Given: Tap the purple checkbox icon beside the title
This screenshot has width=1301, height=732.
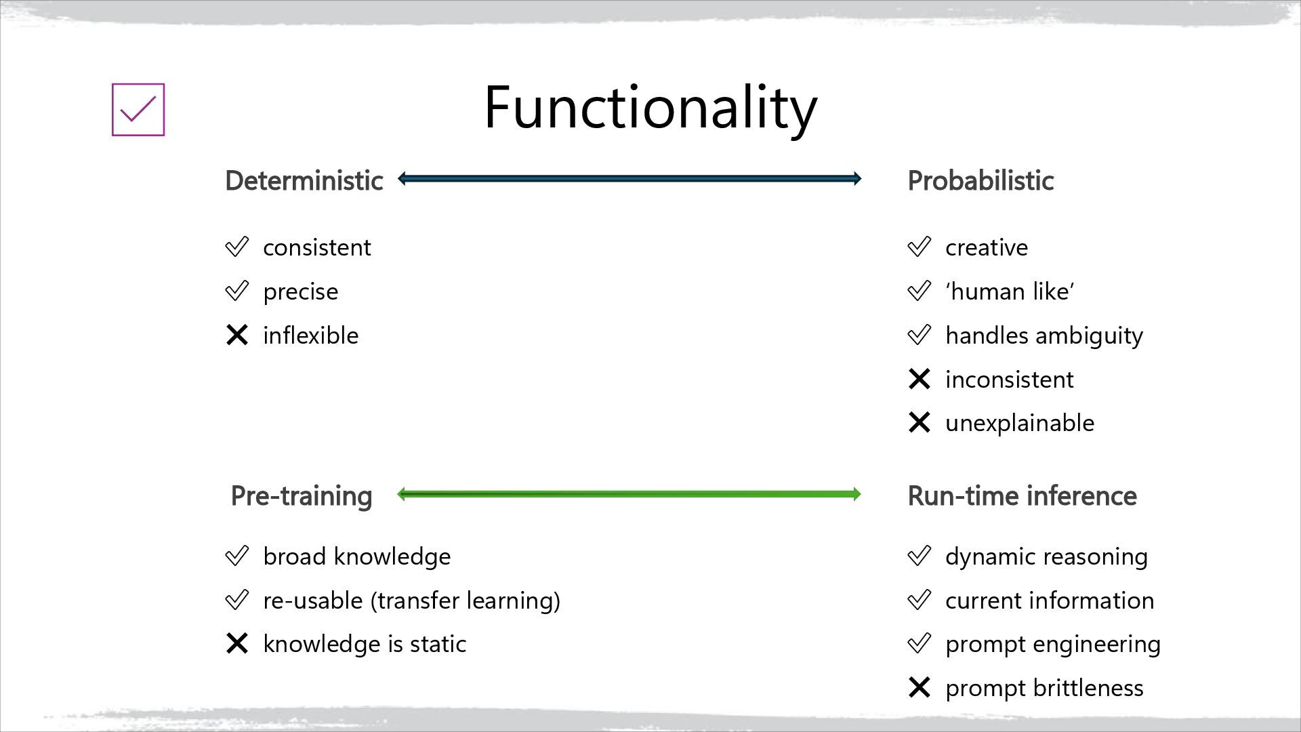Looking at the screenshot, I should pos(138,110).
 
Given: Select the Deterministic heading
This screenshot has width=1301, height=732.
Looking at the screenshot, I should pos(304,181).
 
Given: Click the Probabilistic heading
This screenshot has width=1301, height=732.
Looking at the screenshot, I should pos(980,181).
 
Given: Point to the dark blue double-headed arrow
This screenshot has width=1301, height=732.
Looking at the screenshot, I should pos(629,179).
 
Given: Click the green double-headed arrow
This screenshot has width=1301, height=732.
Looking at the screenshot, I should pos(629,494).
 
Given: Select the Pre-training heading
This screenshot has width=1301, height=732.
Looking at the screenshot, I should pos(302,496).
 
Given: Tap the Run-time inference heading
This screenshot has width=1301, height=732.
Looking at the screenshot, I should pos(1022,496).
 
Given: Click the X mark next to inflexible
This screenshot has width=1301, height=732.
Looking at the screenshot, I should pos(237,335).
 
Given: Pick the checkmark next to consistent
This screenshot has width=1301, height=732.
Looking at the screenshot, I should pos(237,247).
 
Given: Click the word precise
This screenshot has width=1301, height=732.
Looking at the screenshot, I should pos(300,291).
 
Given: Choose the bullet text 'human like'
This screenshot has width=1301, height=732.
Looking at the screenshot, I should pos(1010,291).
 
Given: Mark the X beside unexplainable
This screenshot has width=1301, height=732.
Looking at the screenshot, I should pos(919,423).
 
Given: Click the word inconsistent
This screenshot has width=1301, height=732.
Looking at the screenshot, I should pos(1009,380).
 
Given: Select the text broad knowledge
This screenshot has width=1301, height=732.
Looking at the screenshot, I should pos(356,556).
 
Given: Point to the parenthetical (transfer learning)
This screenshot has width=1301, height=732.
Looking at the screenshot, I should pos(465,601).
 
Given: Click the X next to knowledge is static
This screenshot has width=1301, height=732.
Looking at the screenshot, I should pos(237,643).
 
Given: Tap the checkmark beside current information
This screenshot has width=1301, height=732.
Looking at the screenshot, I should pos(919,600).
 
